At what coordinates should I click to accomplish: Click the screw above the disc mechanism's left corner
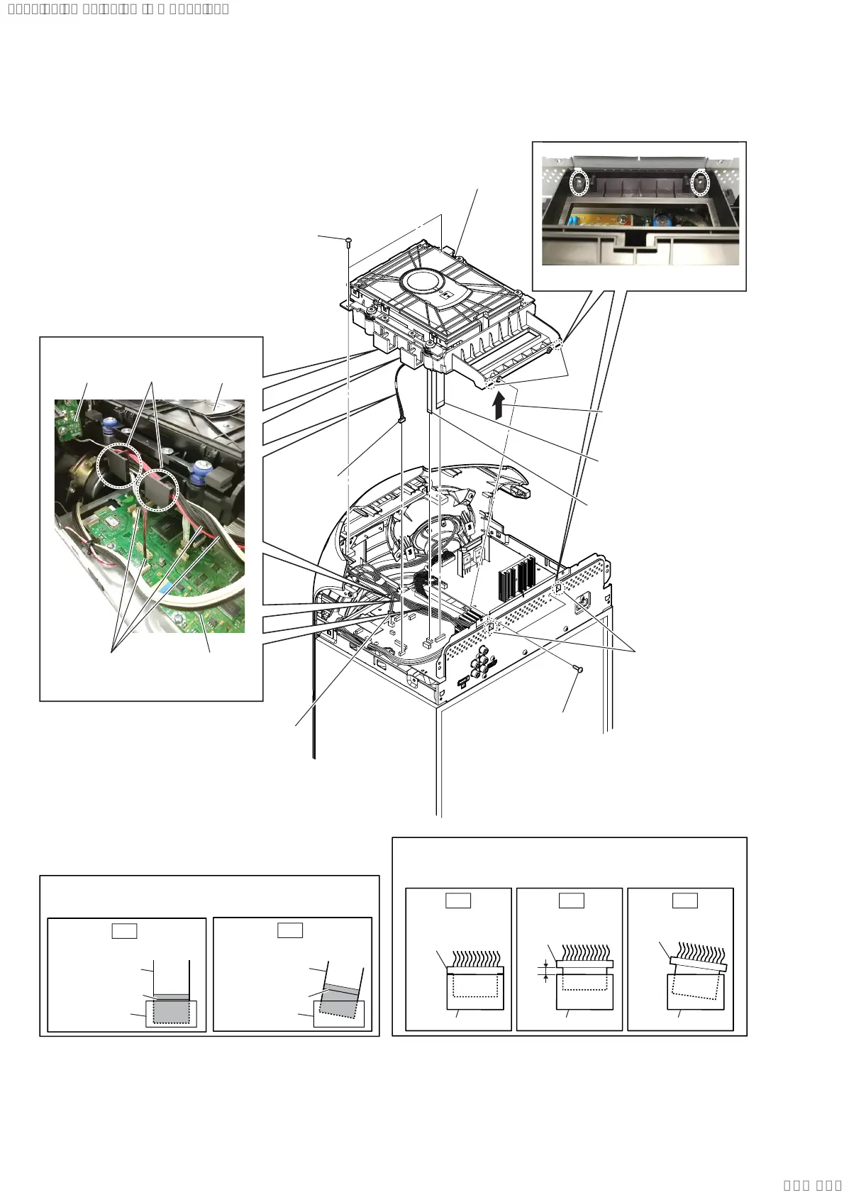point(348,243)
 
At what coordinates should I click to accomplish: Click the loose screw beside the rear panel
point(579,668)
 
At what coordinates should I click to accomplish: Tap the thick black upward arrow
point(499,407)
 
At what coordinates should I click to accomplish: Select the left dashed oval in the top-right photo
point(580,183)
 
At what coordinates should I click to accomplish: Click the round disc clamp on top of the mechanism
point(432,282)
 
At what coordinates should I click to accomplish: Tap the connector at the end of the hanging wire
point(402,424)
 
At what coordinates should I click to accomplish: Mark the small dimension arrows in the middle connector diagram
point(545,971)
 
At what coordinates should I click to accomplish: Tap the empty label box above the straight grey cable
point(124,930)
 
